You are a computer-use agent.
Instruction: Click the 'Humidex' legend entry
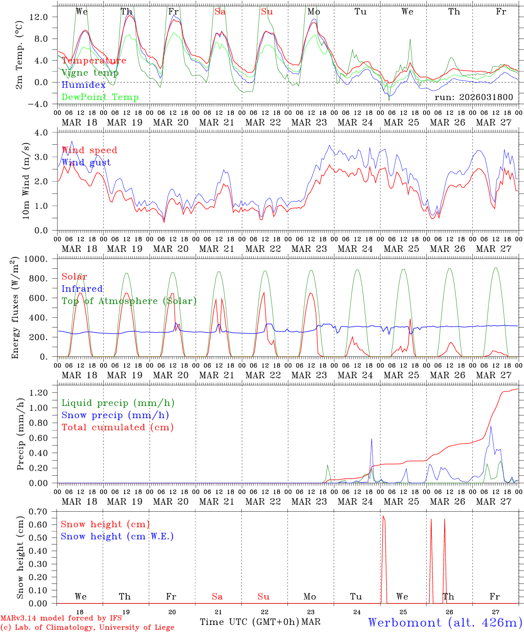pyautogui.click(x=83, y=85)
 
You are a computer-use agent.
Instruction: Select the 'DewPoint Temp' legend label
pyautogui.click(x=100, y=97)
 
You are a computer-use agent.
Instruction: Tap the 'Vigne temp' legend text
pyautogui.click(x=90, y=73)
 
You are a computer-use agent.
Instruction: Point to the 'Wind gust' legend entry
pyautogui.click(x=86, y=162)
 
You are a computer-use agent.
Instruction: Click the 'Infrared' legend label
pyautogui.click(x=82, y=289)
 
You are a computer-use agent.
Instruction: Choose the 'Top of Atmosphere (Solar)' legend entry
pyautogui.click(x=129, y=301)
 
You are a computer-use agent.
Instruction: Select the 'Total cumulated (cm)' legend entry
pyautogui.click(x=118, y=427)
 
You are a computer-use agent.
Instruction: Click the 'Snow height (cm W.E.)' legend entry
pyautogui.click(x=117, y=536)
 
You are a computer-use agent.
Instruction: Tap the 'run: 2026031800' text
pyautogui.click(x=474, y=97)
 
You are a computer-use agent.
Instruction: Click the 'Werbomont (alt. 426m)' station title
pyautogui.click(x=445, y=622)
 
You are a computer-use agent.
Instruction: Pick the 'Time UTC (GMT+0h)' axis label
pyautogui.click(x=250, y=622)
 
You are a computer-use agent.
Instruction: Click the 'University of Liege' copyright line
pyautogui.click(x=87, y=628)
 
